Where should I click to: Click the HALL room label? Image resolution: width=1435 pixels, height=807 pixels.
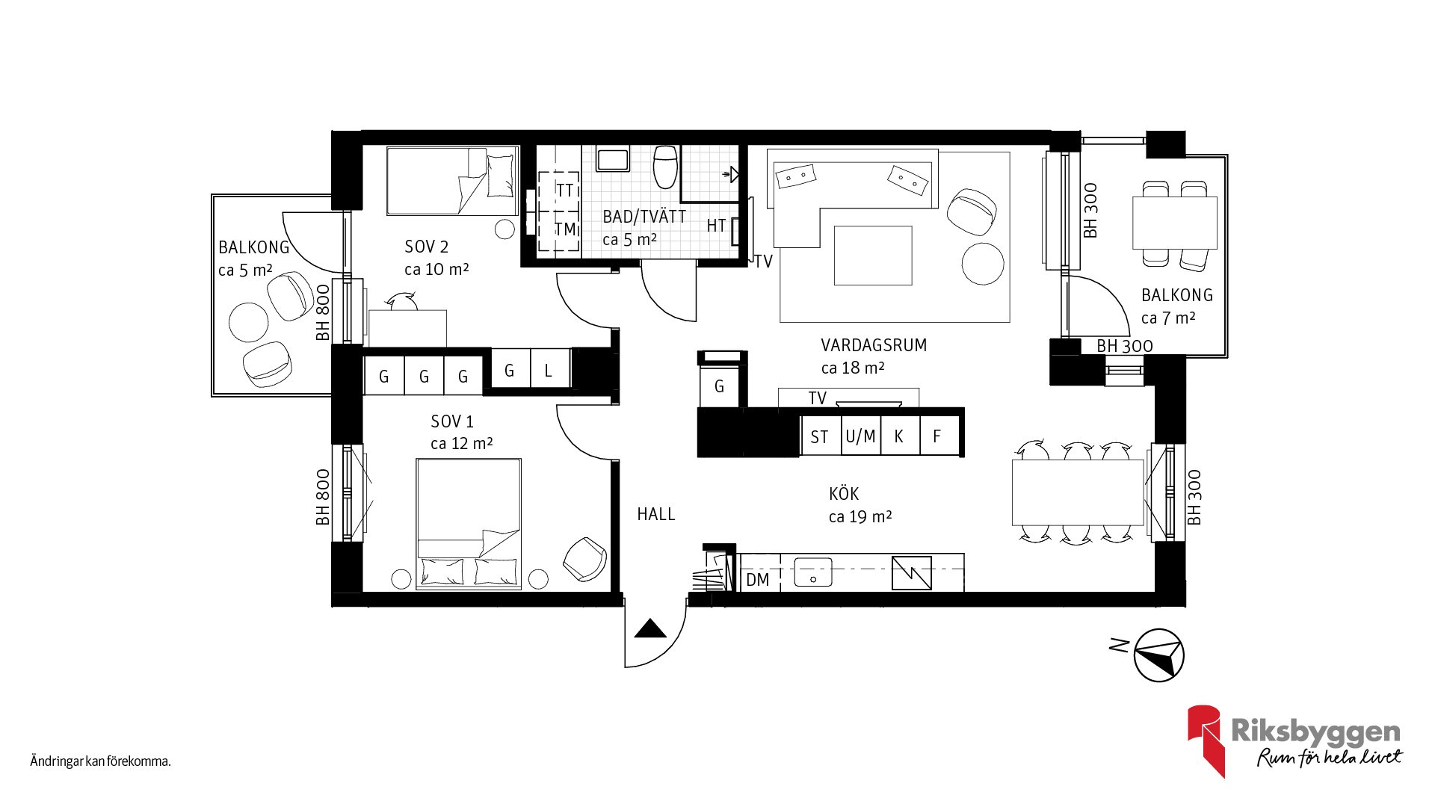click(x=656, y=514)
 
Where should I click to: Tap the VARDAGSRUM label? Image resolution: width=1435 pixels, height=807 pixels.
click(x=874, y=345)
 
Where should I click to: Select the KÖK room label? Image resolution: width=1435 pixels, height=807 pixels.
click(x=844, y=493)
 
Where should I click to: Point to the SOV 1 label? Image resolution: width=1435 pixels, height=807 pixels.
click(x=452, y=421)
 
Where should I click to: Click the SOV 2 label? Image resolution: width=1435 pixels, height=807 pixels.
click(x=426, y=247)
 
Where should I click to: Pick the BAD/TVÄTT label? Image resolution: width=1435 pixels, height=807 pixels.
click(x=644, y=217)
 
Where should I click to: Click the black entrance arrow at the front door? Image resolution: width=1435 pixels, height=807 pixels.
click(x=649, y=628)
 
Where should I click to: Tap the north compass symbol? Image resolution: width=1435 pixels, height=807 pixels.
click(x=1159, y=655)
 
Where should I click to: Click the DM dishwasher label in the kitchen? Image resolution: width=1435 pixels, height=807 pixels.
click(x=757, y=580)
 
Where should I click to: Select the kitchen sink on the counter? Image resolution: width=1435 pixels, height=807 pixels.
click(x=813, y=572)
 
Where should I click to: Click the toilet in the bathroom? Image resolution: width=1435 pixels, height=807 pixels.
click(x=665, y=167)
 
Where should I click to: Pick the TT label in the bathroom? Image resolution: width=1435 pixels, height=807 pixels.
click(x=565, y=191)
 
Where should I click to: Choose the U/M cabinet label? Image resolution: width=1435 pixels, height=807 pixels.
click(x=860, y=436)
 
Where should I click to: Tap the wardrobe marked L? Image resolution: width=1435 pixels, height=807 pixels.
click(x=549, y=371)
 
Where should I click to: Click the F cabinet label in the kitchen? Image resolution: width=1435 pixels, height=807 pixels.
click(x=936, y=436)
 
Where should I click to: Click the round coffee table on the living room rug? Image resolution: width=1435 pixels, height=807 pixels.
click(x=983, y=264)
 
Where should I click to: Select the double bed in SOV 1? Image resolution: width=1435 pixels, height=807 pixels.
click(x=469, y=524)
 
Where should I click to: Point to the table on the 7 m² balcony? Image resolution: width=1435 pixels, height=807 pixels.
click(x=1175, y=223)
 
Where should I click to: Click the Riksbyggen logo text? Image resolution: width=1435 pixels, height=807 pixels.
click(x=1315, y=731)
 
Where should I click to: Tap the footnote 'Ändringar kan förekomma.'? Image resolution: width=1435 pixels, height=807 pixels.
click(x=101, y=761)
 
